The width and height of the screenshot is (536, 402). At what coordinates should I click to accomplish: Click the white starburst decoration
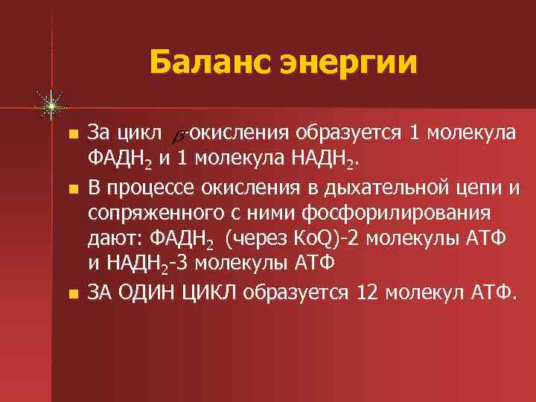tap(51, 106)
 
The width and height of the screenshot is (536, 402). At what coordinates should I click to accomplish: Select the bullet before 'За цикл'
tap(71, 134)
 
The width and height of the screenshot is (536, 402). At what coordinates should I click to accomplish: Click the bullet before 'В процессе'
tap(71, 186)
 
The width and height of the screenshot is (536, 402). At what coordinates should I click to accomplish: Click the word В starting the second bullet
tap(95, 186)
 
